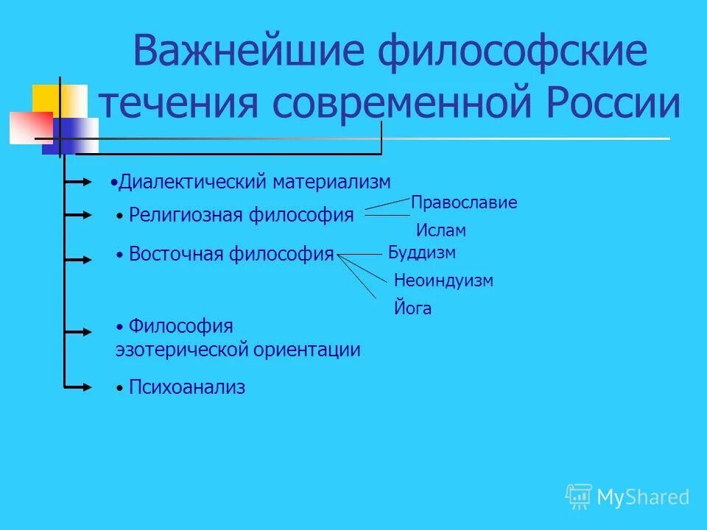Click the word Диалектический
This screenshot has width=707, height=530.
coord(193,182)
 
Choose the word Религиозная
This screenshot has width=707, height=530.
coord(185,215)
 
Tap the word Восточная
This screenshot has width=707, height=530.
coord(175,255)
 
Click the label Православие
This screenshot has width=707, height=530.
coord(464,203)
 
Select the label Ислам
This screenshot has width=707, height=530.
coord(441,230)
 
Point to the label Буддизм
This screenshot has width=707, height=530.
coord(422,253)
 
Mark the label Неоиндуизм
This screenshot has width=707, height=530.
coord(443,280)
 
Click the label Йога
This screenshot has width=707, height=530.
coord(413,309)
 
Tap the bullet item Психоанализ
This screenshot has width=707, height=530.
coord(186,387)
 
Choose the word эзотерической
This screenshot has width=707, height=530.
coord(180,350)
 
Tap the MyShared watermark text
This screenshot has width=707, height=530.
coord(642,498)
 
